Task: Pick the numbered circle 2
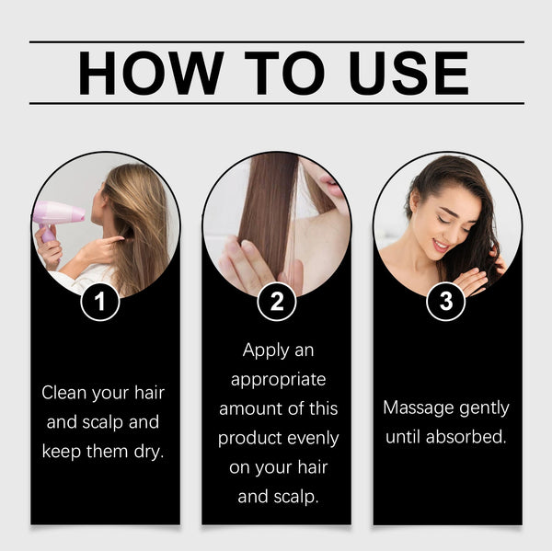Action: tap(276, 302)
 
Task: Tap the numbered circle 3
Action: tap(447, 302)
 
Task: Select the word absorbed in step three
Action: tap(466, 436)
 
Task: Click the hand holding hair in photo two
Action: tap(246, 266)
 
